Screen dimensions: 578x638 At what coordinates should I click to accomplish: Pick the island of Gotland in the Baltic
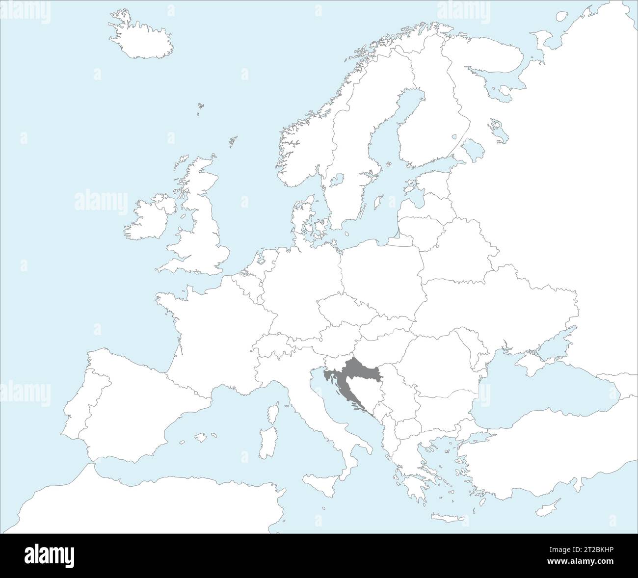pyautogui.click(x=377, y=201)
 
